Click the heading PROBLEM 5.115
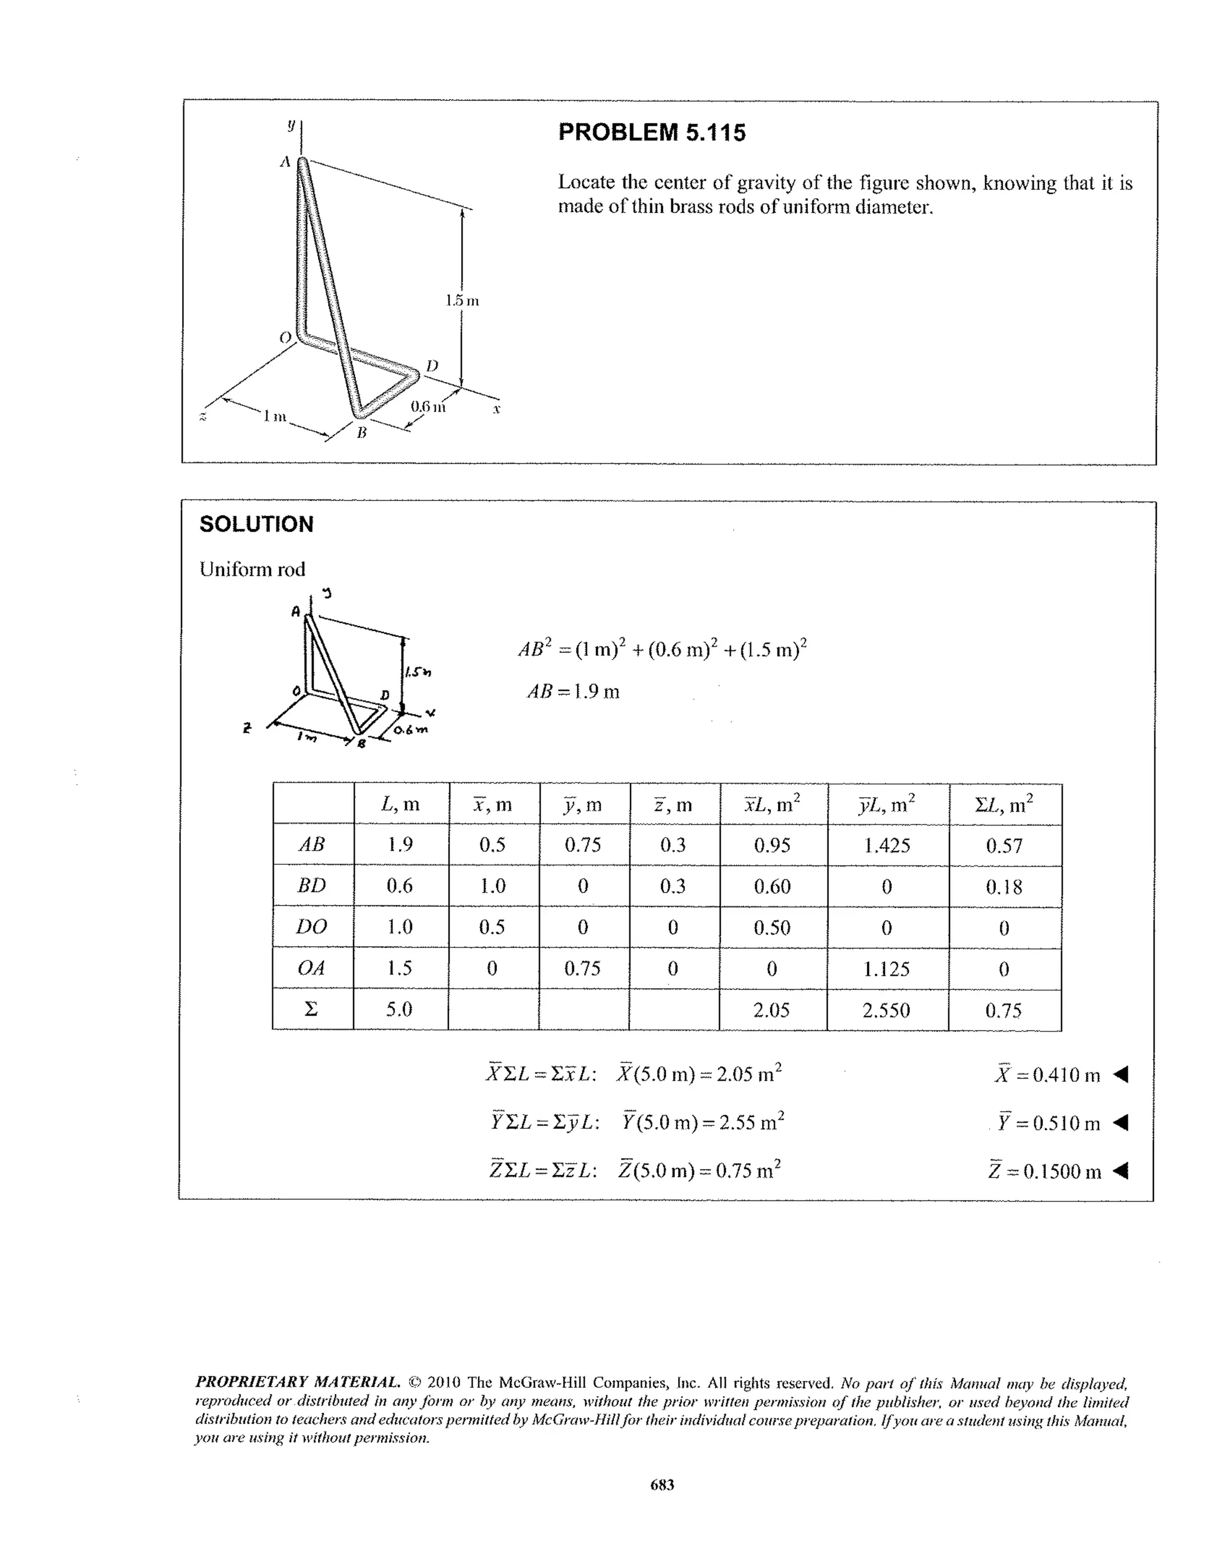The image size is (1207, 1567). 651,133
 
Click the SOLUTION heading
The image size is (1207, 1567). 256,525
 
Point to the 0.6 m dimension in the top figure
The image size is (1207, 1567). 427,407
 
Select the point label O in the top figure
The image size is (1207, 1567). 285,337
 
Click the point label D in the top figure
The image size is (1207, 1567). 432,366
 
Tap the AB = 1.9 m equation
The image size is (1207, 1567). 573,692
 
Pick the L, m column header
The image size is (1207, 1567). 400,804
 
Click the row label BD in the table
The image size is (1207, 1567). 311,885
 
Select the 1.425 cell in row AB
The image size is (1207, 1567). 886,845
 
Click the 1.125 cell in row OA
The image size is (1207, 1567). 886,969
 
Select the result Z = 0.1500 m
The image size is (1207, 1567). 1044,1171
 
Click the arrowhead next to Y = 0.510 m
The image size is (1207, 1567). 1120,1123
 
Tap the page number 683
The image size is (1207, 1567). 662,1485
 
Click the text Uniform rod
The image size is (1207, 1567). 252,569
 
